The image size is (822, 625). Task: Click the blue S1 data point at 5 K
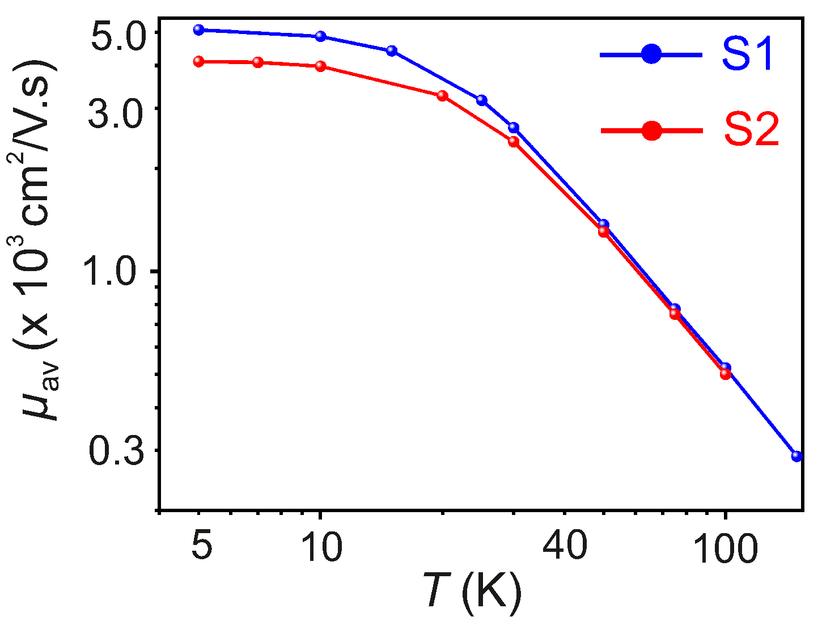tap(198, 29)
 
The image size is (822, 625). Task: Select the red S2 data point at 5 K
tap(198, 61)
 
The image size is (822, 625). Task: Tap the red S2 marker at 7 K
tap(258, 62)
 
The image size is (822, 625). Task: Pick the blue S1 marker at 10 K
tap(320, 36)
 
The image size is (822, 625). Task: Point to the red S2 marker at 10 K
tap(320, 66)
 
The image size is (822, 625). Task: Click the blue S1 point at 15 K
tap(392, 51)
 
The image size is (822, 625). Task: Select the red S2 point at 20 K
tap(443, 95)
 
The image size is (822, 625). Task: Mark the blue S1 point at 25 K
tap(482, 100)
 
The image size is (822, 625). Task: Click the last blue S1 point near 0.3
tap(796, 456)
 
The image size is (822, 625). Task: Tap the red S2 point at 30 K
tap(514, 141)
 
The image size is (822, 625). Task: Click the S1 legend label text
tap(747, 55)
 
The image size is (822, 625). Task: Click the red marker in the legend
tap(651, 130)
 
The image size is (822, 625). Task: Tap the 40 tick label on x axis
tap(564, 547)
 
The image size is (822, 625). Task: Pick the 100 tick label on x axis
tap(725, 548)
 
